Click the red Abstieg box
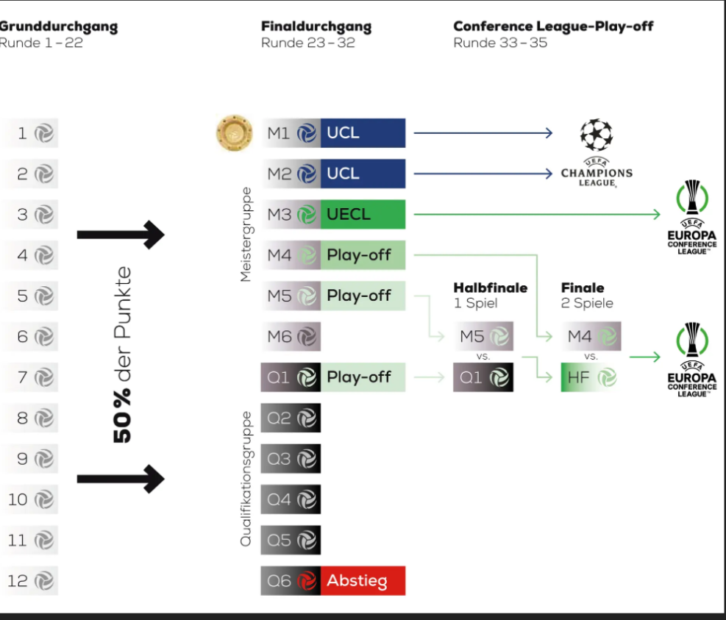pyautogui.click(x=363, y=581)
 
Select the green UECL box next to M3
pyautogui.click(x=363, y=215)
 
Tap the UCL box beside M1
pyautogui.click(x=363, y=133)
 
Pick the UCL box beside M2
pyautogui.click(x=363, y=174)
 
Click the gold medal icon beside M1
pyautogui.click(x=233, y=132)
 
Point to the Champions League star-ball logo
pyautogui.click(x=596, y=135)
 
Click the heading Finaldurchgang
pyautogui.click(x=316, y=27)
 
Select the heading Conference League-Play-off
pyautogui.click(x=553, y=26)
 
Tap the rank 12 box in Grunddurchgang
pyautogui.click(x=29, y=581)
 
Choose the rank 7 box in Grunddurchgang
pyautogui.click(x=29, y=377)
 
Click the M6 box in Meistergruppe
pyautogui.click(x=291, y=337)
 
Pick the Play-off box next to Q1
pyautogui.click(x=363, y=377)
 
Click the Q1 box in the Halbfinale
pyautogui.click(x=483, y=377)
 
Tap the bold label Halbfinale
pyautogui.click(x=490, y=288)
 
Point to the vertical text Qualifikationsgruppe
pyautogui.click(x=246, y=478)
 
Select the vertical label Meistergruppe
pyautogui.click(x=246, y=234)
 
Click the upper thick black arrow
pyautogui.click(x=121, y=235)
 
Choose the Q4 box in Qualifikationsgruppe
pyautogui.click(x=291, y=499)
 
